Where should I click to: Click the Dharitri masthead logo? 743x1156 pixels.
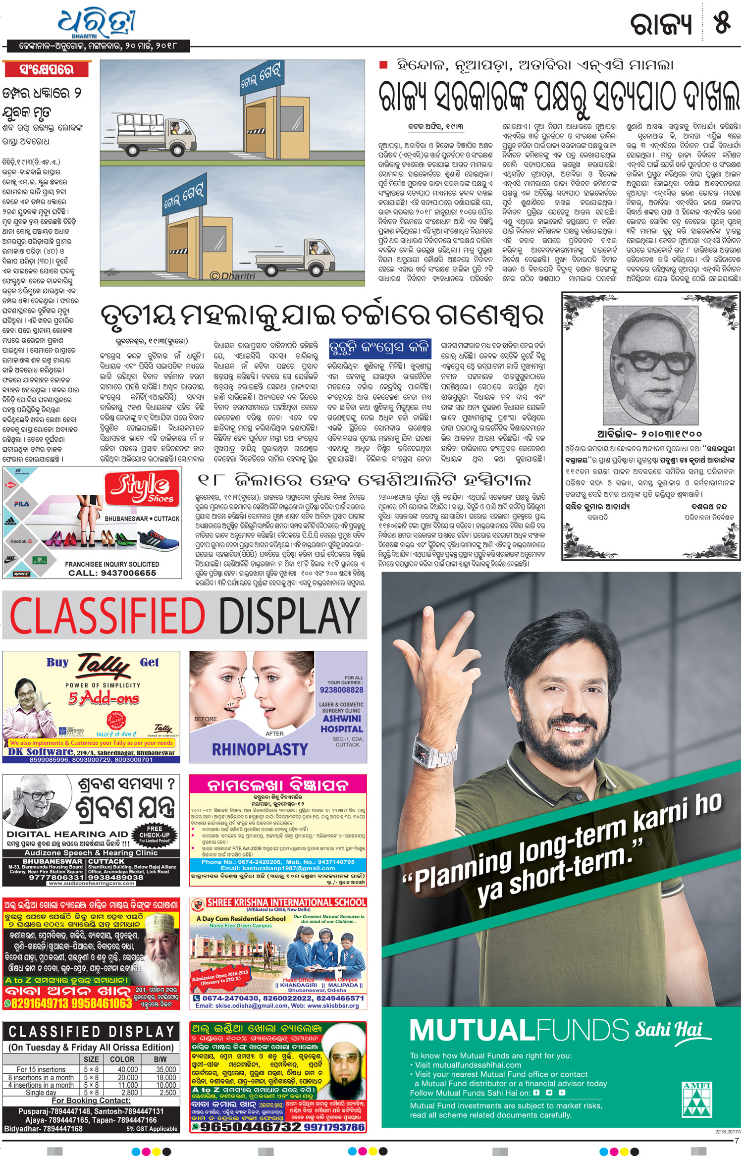(96, 22)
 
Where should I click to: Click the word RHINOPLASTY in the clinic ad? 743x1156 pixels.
(260, 749)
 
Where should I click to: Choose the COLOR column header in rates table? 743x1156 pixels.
(122, 1059)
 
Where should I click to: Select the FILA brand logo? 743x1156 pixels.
(21, 504)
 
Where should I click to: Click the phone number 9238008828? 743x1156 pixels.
(341, 690)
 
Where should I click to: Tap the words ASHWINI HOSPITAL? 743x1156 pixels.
(341, 724)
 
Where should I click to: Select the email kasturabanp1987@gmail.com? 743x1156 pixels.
(278, 868)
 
